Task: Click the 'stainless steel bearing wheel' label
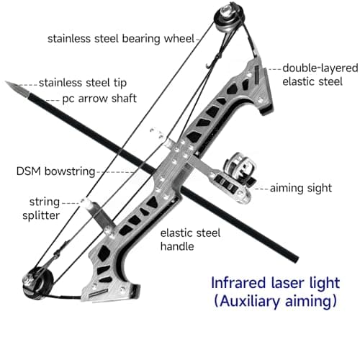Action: [121, 39]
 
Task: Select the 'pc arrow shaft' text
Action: [99, 99]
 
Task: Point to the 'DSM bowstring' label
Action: [55, 172]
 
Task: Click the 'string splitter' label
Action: [41, 209]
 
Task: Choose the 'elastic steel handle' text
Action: [190, 240]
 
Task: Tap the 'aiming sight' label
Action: [301, 188]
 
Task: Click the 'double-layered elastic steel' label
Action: [320, 75]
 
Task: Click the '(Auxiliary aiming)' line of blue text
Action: [275, 301]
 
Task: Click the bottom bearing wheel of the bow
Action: [37, 284]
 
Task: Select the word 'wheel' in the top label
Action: [179, 38]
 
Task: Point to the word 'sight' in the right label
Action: [318, 188]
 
